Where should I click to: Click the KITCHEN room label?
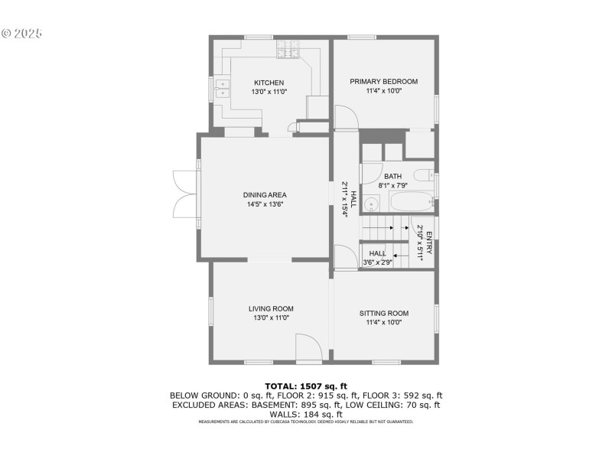click(x=269, y=83)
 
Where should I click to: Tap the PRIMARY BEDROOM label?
click(x=384, y=81)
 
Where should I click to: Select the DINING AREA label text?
click(x=265, y=195)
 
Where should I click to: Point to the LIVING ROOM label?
click(x=271, y=309)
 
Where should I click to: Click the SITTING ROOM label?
click(x=384, y=313)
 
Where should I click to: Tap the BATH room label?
click(x=393, y=177)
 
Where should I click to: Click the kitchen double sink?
click(x=222, y=89)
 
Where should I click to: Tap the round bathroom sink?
click(x=372, y=203)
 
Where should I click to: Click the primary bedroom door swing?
click(x=346, y=116)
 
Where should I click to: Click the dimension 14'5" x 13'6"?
click(x=265, y=204)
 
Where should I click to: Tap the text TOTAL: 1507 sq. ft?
click(x=306, y=386)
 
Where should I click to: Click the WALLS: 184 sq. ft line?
click(x=306, y=414)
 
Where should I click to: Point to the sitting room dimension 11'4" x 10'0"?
click(x=384, y=322)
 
